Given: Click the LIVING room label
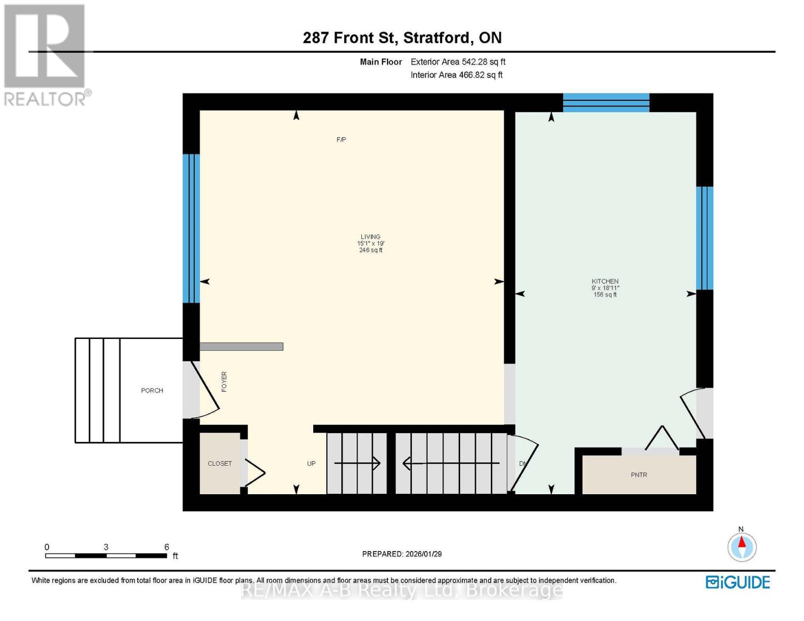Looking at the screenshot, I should coord(371,237).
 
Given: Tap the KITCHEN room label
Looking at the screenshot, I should coord(605,282).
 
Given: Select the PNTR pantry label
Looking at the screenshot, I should coord(639,475).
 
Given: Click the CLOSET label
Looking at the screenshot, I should coord(220,464).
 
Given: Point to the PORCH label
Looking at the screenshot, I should coord(152,391).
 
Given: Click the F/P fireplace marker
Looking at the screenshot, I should coord(341,140).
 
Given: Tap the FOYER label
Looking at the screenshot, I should coord(224,381).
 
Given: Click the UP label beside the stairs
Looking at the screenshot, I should coord(311,464).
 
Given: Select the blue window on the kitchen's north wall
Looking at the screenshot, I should coord(606,102).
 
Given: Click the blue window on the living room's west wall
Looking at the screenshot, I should coord(191,228).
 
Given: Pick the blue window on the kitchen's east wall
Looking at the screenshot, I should coord(705,238).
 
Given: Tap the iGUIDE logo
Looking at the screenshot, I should coord(738,582).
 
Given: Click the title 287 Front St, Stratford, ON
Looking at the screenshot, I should coord(402,38).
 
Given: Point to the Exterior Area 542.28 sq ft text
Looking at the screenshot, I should coord(458,62).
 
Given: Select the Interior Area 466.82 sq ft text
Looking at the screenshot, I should coord(456,75).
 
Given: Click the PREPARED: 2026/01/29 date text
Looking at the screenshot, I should coord(402,554).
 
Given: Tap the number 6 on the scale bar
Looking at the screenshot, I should coord(167,547).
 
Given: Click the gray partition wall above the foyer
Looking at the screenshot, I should coord(241,347).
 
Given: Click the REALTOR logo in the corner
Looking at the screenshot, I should coord(46,54).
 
